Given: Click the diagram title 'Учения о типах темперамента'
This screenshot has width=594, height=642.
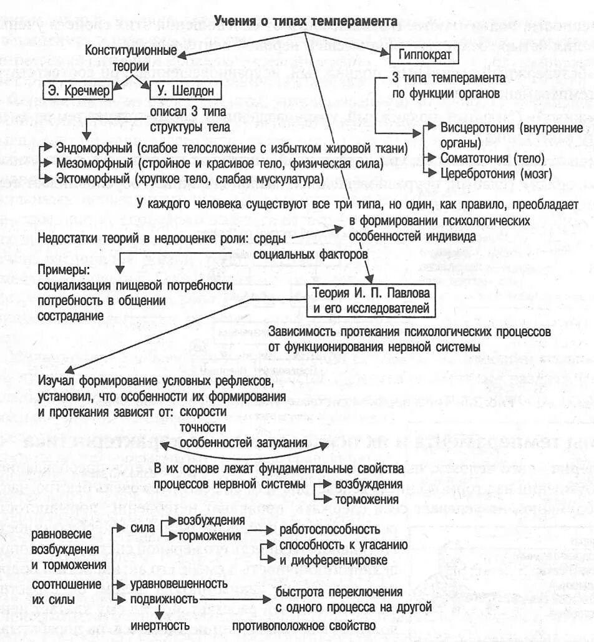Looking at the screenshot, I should (306, 22).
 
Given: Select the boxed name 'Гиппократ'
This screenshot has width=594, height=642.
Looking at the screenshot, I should (424, 56).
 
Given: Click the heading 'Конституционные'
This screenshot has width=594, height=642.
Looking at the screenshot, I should (130, 51).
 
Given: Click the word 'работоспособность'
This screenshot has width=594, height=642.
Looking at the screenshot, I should (329, 529).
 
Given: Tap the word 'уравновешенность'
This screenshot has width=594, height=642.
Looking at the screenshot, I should (178, 583).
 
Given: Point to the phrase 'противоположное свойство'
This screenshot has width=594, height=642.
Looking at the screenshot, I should (304, 623).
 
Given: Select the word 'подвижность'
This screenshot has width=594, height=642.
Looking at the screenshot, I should (163, 598).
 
